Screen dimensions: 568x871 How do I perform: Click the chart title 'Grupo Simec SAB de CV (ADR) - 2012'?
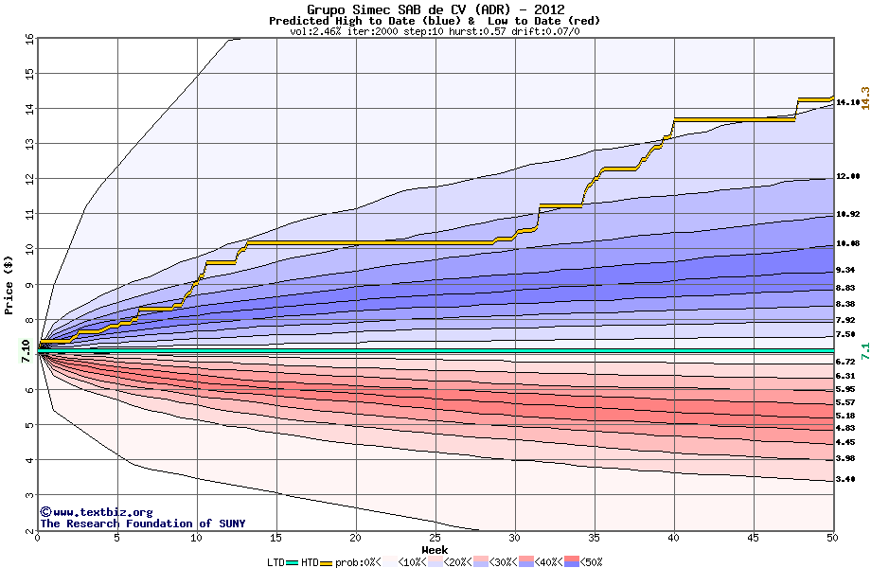point(435,9)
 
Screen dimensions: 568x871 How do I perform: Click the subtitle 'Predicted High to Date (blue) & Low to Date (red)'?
point(435,21)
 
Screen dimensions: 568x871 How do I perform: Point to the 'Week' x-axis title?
point(435,550)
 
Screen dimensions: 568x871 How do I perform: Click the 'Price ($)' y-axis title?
point(9,285)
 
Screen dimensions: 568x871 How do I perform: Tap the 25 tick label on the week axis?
point(435,539)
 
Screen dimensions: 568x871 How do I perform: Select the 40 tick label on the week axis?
point(674,539)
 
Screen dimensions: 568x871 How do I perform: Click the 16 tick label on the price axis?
point(29,39)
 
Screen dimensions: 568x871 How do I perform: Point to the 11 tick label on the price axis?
point(29,214)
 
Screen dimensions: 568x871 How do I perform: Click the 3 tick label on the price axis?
point(29,495)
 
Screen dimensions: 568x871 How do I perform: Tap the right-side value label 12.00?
point(847,177)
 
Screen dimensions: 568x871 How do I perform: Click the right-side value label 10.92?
point(847,215)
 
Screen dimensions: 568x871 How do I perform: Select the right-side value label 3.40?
point(847,480)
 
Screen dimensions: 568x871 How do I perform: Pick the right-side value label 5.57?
point(847,402)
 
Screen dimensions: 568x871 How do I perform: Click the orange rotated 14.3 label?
point(864,92)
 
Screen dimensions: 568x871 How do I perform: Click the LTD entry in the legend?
point(276,562)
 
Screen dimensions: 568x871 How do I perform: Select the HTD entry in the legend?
point(310,562)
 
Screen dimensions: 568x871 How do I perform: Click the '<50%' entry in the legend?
point(589,562)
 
